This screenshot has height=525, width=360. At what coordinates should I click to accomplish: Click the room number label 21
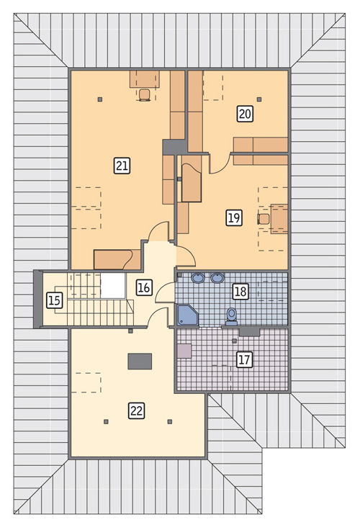coord(122,166)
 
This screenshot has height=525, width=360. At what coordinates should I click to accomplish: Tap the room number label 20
coord(245,114)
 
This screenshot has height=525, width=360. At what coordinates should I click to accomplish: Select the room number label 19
coord(234,218)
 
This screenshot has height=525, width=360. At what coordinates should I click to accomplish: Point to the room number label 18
coord(240,291)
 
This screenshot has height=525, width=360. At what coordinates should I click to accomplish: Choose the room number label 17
coord(244,359)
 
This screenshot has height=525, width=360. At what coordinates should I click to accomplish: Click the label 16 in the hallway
coord(144,287)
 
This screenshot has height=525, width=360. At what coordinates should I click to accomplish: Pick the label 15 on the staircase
coord(55,300)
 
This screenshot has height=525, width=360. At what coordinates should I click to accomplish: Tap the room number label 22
coord(137,410)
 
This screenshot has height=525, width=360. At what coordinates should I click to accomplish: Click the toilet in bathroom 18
coord(231,316)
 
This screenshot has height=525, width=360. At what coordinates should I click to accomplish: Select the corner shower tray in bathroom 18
coord(187,315)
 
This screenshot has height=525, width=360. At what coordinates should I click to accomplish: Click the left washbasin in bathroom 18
coord(198,277)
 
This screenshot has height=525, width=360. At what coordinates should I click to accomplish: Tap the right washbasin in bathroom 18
coord(217,277)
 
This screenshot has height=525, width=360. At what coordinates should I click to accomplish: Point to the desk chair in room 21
coord(144,95)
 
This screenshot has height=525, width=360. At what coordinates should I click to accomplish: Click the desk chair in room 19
coord(264,219)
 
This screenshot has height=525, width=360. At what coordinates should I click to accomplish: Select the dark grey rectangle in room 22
coord(140,362)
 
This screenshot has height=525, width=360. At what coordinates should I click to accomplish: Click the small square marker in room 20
coord(259,99)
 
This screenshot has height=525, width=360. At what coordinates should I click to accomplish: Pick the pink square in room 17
coord(184,351)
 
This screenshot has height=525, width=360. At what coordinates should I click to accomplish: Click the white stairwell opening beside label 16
coord(113,286)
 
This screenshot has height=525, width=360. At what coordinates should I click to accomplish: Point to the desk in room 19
coord(279,218)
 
